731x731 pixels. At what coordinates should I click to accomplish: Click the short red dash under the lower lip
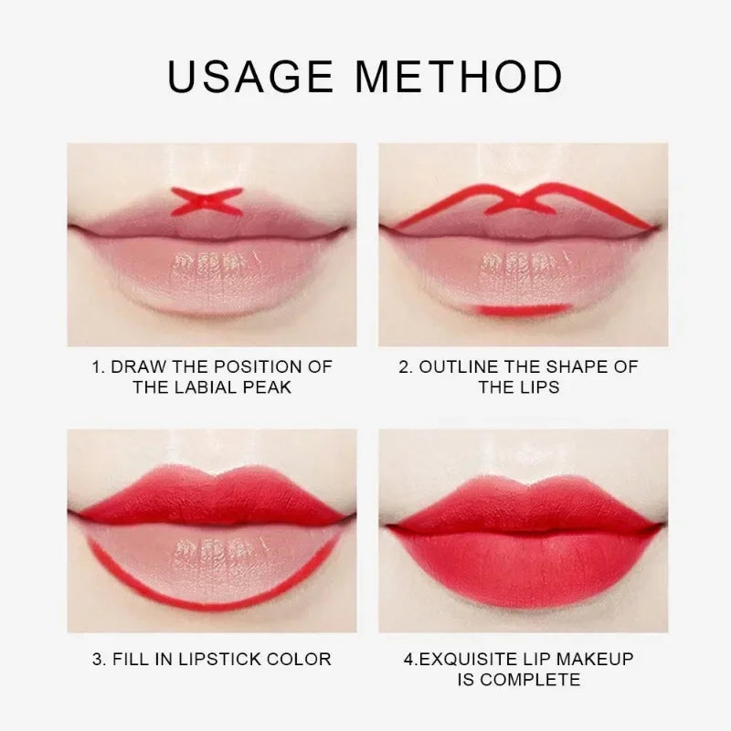(x=514, y=311)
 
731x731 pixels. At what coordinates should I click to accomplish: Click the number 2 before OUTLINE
(x=405, y=366)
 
